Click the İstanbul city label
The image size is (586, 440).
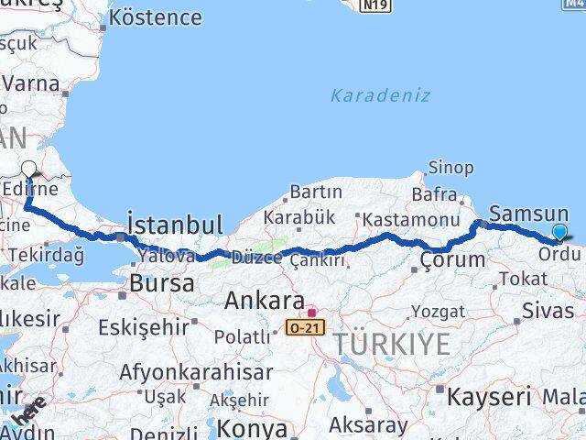coord(175,225)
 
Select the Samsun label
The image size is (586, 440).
coord(529,214)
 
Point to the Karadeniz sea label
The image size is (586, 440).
coord(380,95)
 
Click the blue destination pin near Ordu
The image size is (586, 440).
coord(559,233)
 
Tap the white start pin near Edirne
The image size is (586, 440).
coord(30,170)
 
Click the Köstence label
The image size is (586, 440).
coord(160,17)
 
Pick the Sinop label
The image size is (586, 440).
coord(451,168)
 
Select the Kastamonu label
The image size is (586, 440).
coord(410,221)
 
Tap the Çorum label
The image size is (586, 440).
coord(452,260)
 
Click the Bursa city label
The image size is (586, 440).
coord(161,283)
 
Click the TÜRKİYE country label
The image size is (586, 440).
coord(391,346)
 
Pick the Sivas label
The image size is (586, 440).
coord(548,311)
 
